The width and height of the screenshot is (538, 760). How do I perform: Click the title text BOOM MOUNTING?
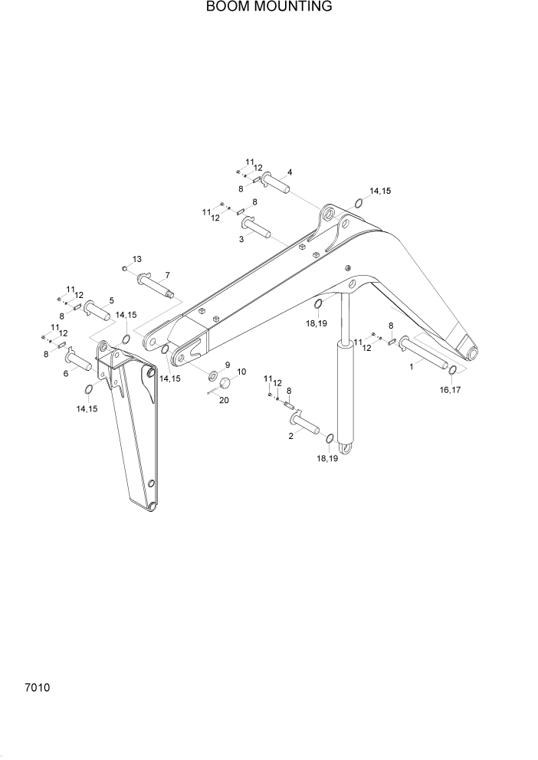tap(268, 7)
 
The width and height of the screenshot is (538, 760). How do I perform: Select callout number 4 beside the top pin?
tap(290, 172)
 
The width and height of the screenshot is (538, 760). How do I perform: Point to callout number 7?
tap(167, 275)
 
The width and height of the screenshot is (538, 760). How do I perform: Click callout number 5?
tap(111, 300)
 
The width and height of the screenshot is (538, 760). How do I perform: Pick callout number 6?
tap(66, 373)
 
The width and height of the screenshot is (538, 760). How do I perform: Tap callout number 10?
tap(241, 372)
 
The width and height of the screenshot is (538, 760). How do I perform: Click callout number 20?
tap(224, 399)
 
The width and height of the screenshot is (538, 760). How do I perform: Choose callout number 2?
tap(291, 436)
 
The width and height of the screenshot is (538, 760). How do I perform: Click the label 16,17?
tap(450, 390)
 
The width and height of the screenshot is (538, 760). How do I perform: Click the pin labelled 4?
tap(275, 184)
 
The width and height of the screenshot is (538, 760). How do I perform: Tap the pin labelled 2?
tap(304, 423)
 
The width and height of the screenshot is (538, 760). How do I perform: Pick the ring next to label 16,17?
tap(453, 372)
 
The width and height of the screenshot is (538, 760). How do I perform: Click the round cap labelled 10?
tap(225, 384)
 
